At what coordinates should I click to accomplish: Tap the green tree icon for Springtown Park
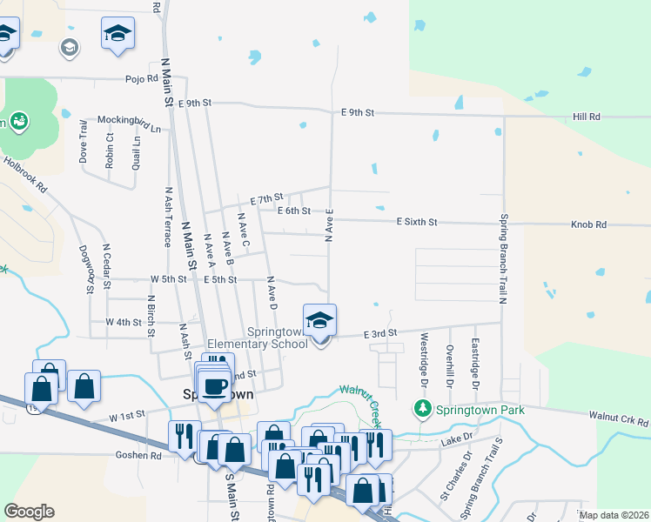coord(423,407)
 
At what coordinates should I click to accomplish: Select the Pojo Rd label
coord(140,77)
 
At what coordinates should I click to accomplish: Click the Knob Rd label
coord(588,224)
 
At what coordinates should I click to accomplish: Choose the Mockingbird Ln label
coord(129,124)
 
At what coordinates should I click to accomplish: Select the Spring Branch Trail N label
coord(502,258)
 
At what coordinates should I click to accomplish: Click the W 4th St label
coord(123,322)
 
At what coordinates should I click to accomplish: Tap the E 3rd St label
coord(379,332)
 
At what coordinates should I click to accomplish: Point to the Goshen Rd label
coord(138,454)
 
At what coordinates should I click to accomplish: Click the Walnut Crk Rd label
coord(619,418)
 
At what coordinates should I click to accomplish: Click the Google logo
coord(29,512)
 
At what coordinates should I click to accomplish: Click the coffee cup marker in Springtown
coord(213,385)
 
